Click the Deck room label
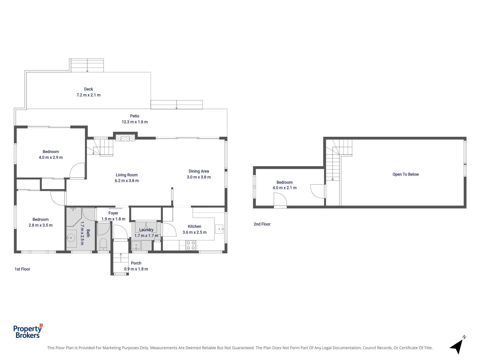coord(88,89)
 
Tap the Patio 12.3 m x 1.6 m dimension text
coord(134,122)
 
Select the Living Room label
coord(127,175)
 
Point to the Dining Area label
coord(199,171)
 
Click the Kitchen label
coord(194,226)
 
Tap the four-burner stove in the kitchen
coord(191,245)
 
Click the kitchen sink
coord(219,229)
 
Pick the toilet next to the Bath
coord(103,244)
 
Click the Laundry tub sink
coord(136,245)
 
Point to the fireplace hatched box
coord(125,138)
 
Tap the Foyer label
coord(113,213)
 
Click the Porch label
coord(136,263)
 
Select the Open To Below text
coord(405,174)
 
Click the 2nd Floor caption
coord(262,224)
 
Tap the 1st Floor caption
coord(22,269)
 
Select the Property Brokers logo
coord(28,331)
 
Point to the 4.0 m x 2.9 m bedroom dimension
coord(51,157)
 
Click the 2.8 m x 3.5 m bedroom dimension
coord(40,225)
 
